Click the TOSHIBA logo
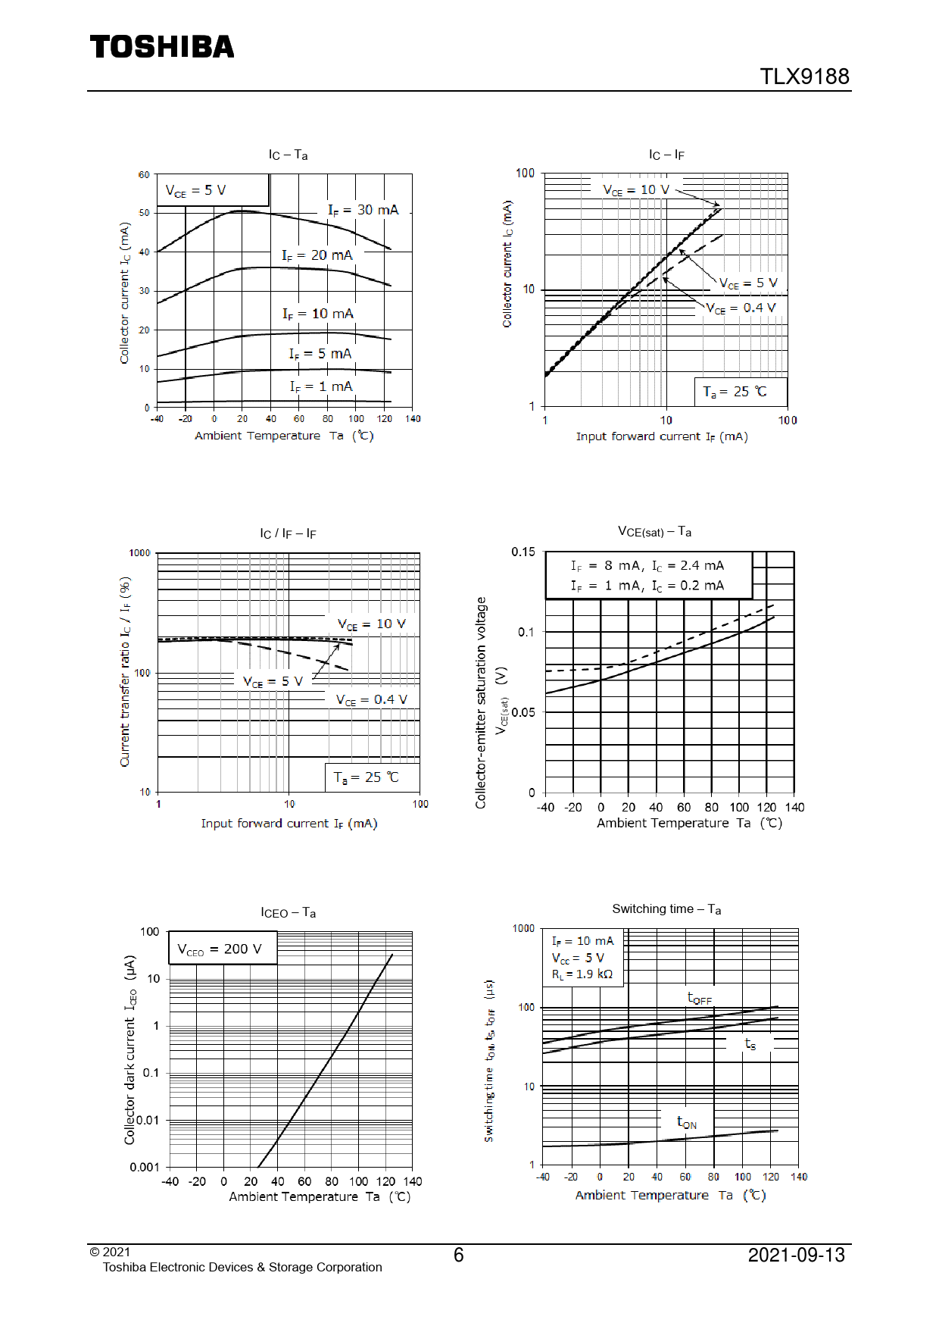pyautogui.click(x=162, y=47)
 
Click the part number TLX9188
pyautogui.click(x=804, y=77)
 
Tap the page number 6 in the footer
pyautogui.click(x=458, y=1256)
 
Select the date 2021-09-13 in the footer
pyautogui.click(x=796, y=1256)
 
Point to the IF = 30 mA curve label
pyautogui.click(x=363, y=210)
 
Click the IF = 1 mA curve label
pyautogui.click(x=321, y=386)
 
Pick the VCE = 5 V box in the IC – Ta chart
pyautogui.click(x=213, y=190)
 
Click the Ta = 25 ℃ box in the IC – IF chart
pyautogui.click(x=740, y=392)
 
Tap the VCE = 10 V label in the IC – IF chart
pyautogui.click(x=636, y=189)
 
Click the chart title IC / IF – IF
pyautogui.click(x=288, y=533)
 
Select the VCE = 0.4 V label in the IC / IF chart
pyautogui.click(x=371, y=700)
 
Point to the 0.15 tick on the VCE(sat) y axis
pyautogui.click(x=523, y=552)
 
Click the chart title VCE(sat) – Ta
pyautogui.click(x=654, y=532)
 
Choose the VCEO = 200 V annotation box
pyautogui.click(x=222, y=949)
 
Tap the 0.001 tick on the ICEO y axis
pyautogui.click(x=145, y=1167)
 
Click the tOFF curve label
pyautogui.click(x=699, y=998)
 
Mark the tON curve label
pyautogui.click(x=687, y=1122)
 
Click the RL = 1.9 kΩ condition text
pyautogui.click(x=582, y=974)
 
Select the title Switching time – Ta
pyautogui.click(x=666, y=909)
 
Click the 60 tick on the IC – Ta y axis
pyautogui.click(x=144, y=175)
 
